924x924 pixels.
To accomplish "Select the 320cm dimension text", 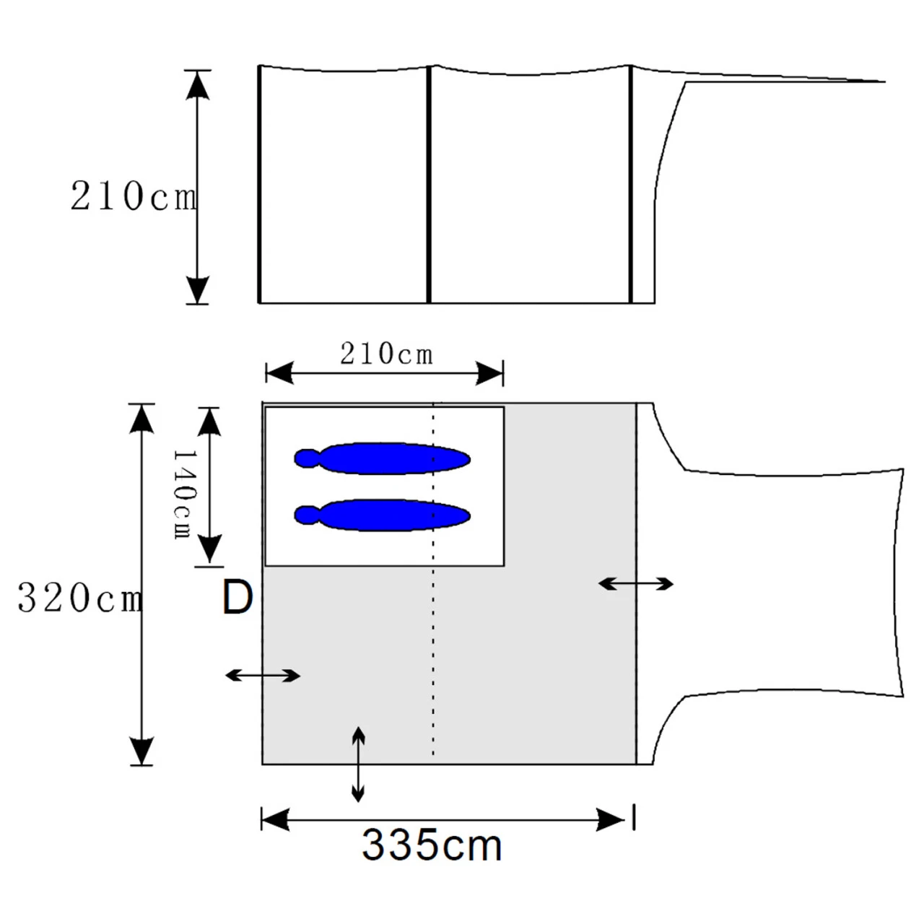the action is pyautogui.click(x=80, y=598).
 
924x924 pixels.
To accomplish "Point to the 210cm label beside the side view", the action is pyautogui.click(x=134, y=196).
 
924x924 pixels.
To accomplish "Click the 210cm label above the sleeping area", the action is pyautogui.click(x=386, y=355).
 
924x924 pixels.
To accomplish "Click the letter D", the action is pyautogui.click(x=237, y=597).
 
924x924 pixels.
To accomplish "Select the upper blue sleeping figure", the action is pyautogui.click(x=382, y=458).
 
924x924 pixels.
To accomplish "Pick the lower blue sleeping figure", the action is pyautogui.click(x=382, y=515).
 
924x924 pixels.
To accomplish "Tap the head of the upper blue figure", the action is pyautogui.click(x=307, y=458).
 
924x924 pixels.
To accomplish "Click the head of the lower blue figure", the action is pyautogui.click(x=307, y=515).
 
